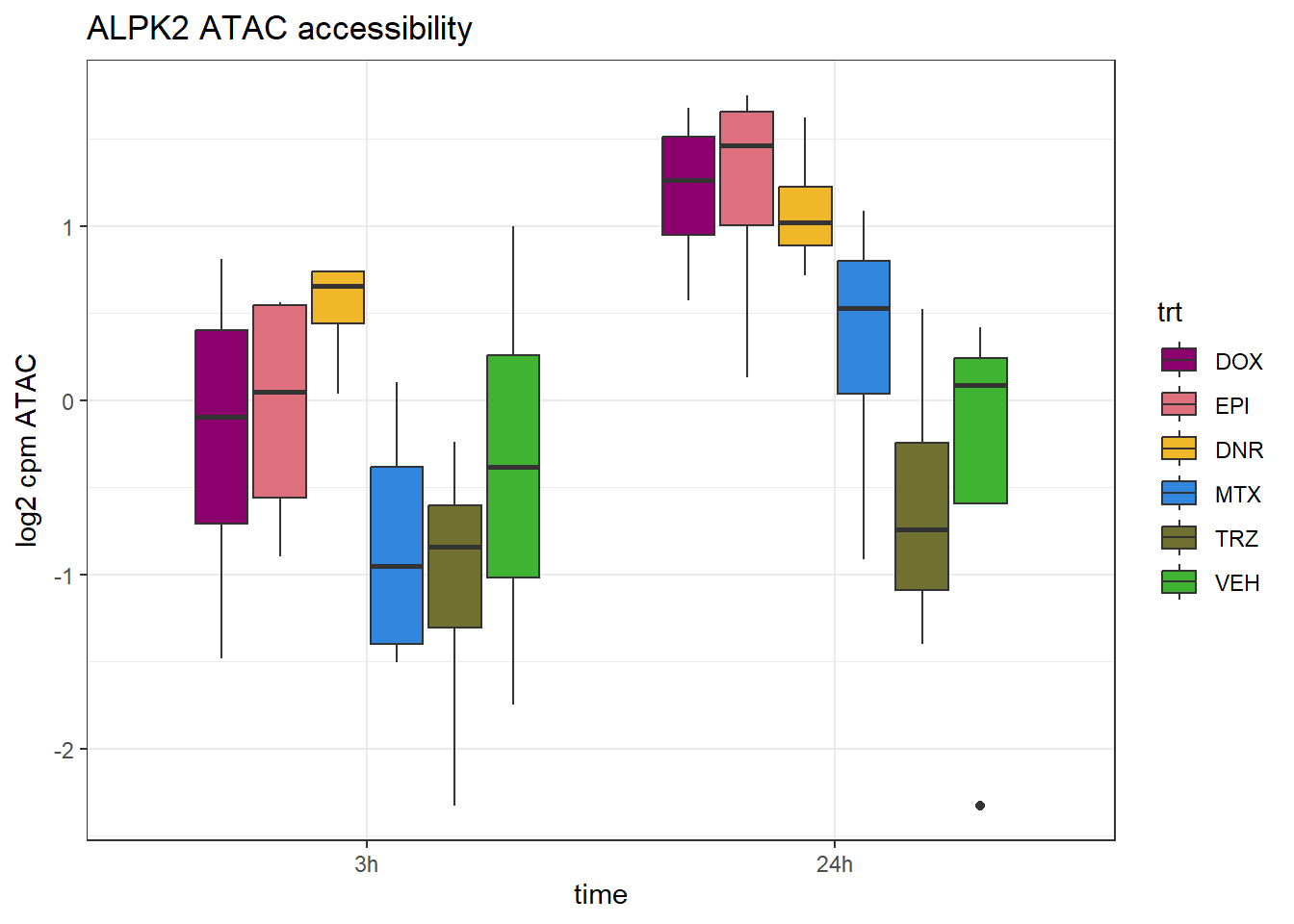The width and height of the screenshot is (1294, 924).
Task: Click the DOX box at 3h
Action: coord(221,426)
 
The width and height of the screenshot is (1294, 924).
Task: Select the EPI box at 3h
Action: coord(280,401)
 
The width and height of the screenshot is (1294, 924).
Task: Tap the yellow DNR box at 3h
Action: coord(338,297)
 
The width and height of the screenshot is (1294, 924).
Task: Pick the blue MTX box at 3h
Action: coord(397,554)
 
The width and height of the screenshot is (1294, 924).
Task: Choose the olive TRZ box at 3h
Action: coord(454,566)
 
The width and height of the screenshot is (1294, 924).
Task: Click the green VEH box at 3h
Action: coord(513,466)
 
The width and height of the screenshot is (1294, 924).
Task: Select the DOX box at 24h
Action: coord(688,186)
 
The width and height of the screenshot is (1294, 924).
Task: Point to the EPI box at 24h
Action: coord(747,168)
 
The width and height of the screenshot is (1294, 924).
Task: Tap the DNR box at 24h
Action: coord(805,216)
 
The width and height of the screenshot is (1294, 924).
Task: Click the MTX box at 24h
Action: coord(864,327)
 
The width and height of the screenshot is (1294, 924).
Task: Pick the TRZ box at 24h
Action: coord(922,516)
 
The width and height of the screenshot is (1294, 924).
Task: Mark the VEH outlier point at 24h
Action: coord(980,806)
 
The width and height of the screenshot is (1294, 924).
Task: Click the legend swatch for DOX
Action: coord(1179,361)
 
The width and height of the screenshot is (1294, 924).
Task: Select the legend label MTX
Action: coord(1237,495)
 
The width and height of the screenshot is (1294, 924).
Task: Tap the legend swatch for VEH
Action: coord(1179,582)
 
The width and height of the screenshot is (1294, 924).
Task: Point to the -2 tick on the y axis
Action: coord(65,750)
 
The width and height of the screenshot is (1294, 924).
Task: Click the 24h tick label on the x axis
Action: coord(835,864)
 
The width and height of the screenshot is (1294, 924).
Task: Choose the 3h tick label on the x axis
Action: coord(367,864)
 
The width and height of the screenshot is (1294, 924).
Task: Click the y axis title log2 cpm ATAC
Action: coord(27,450)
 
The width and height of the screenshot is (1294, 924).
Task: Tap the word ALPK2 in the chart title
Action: coord(139,29)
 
